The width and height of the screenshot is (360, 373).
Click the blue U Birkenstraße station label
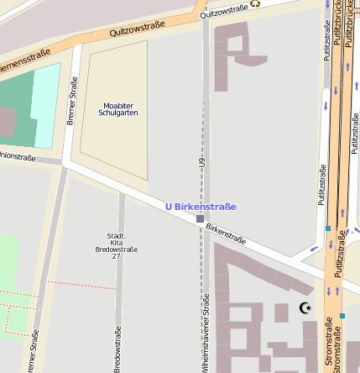click(200, 207)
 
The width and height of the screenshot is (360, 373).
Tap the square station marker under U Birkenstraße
click(200, 218)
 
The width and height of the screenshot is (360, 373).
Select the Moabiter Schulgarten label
click(117, 108)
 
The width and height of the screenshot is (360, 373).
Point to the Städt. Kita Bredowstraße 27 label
click(116, 245)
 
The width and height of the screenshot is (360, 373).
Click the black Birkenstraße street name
click(226, 234)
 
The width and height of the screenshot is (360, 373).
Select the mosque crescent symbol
click(305, 308)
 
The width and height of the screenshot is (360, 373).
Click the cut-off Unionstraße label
click(17, 156)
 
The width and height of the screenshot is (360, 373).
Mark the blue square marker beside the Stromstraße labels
click(342, 316)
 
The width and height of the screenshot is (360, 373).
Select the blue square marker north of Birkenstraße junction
click(327, 228)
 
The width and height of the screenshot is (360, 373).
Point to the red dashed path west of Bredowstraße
click(80, 283)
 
